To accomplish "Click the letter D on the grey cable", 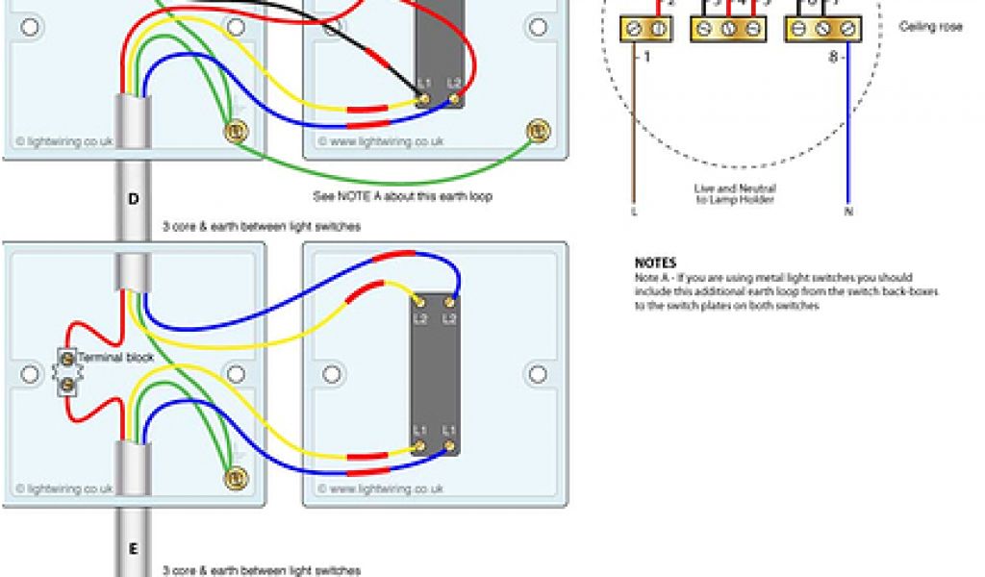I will (133, 200).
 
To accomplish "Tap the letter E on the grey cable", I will (133, 549).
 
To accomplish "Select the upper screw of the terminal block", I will (67, 359).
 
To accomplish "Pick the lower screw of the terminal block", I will (67, 385).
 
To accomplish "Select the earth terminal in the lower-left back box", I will (232, 476).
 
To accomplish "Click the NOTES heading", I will (655, 263).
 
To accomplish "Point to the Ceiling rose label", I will (930, 27).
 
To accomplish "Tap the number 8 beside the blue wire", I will (832, 58).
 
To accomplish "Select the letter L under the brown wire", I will (634, 211).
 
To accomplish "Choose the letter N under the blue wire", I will (848, 211).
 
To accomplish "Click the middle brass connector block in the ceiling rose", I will (728, 30).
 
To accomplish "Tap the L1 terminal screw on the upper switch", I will (423, 96).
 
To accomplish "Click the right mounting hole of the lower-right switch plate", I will (536, 371).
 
